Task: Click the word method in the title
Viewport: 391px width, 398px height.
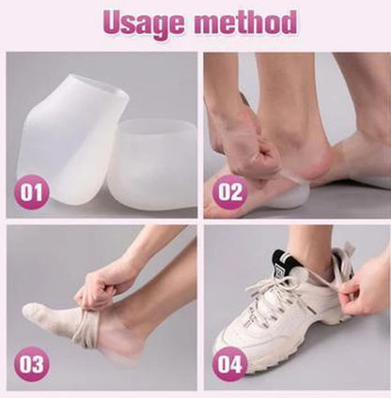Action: [x=245, y=22]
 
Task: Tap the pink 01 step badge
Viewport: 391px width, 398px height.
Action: [x=31, y=192]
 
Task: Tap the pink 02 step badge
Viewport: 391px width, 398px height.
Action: [x=230, y=191]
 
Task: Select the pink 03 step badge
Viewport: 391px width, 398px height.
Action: [x=31, y=363]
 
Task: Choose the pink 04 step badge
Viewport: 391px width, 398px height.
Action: [x=230, y=363]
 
